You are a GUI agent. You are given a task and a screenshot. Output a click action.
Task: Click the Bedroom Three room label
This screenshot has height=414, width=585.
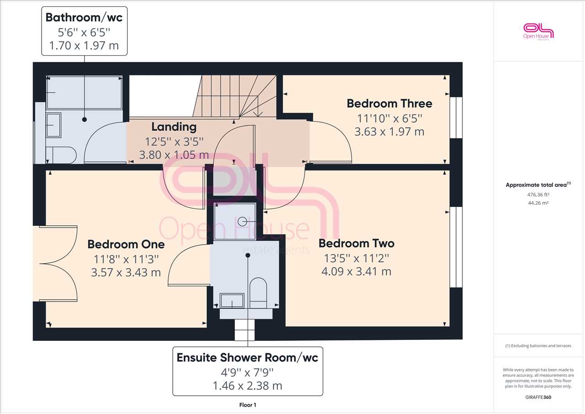point(389,104)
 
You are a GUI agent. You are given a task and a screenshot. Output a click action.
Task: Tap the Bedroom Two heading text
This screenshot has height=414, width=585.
point(356,244)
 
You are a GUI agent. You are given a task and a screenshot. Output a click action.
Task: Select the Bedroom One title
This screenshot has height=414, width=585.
point(126,244)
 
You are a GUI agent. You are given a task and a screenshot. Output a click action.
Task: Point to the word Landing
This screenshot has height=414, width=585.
point(174,127)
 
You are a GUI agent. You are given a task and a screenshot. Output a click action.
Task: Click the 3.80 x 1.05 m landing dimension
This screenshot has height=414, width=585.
point(174,155)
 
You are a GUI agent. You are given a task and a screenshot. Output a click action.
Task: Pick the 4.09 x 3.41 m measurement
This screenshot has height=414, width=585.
point(356,271)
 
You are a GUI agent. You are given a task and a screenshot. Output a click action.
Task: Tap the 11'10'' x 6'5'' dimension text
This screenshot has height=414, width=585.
point(389,118)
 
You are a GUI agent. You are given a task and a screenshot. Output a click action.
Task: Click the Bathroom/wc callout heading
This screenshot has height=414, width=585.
point(84,17)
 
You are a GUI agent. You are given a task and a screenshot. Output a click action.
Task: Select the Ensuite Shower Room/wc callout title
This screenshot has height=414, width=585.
point(248,358)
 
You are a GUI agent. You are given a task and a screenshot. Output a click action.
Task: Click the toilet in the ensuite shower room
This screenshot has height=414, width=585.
point(258,293)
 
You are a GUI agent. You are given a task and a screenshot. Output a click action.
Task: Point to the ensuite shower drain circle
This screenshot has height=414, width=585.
point(242,222)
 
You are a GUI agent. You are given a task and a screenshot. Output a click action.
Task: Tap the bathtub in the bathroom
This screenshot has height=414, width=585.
point(84,92)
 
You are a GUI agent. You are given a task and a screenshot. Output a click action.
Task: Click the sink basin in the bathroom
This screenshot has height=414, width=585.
point(53,125)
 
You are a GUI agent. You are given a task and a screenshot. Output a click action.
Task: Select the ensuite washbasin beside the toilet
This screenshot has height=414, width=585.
point(232,301)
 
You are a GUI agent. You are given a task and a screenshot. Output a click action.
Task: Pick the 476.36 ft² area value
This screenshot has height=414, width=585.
point(538,195)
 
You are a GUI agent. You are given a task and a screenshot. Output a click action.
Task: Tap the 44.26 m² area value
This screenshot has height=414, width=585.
point(538,203)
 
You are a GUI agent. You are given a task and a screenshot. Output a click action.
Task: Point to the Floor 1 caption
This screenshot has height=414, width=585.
point(248,405)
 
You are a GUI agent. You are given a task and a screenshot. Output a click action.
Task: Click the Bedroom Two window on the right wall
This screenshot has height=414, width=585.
point(456,247)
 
